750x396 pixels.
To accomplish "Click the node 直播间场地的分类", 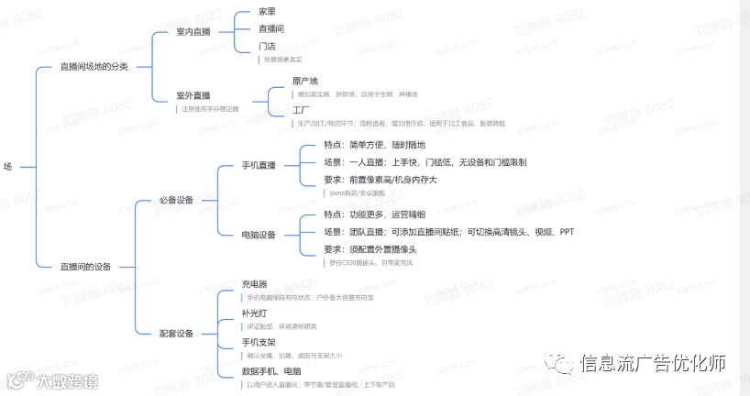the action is pyautogui.click(x=94, y=67).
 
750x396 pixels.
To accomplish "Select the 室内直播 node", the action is pyautogui.click(x=193, y=32).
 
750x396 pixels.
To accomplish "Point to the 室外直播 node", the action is pyautogui.click(x=193, y=95).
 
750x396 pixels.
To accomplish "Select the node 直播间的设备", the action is pyautogui.click(x=85, y=267).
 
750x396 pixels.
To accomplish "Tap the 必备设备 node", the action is pyautogui.click(x=177, y=201).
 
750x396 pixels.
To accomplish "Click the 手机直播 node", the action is pyautogui.click(x=259, y=166).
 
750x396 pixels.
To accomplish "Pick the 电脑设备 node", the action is pyautogui.click(x=259, y=235).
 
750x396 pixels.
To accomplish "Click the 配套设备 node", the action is pyautogui.click(x=177, y=334).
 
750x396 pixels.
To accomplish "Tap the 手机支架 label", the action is pyautogui.click(x=259, y=342).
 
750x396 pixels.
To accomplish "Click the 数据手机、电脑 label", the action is pyautogui.click(x=271, y=371).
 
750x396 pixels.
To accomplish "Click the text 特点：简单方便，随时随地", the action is pyautogui.click(x=375, y=145).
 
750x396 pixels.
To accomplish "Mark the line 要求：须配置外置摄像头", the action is pyautogui.click(x=370, y=249).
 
